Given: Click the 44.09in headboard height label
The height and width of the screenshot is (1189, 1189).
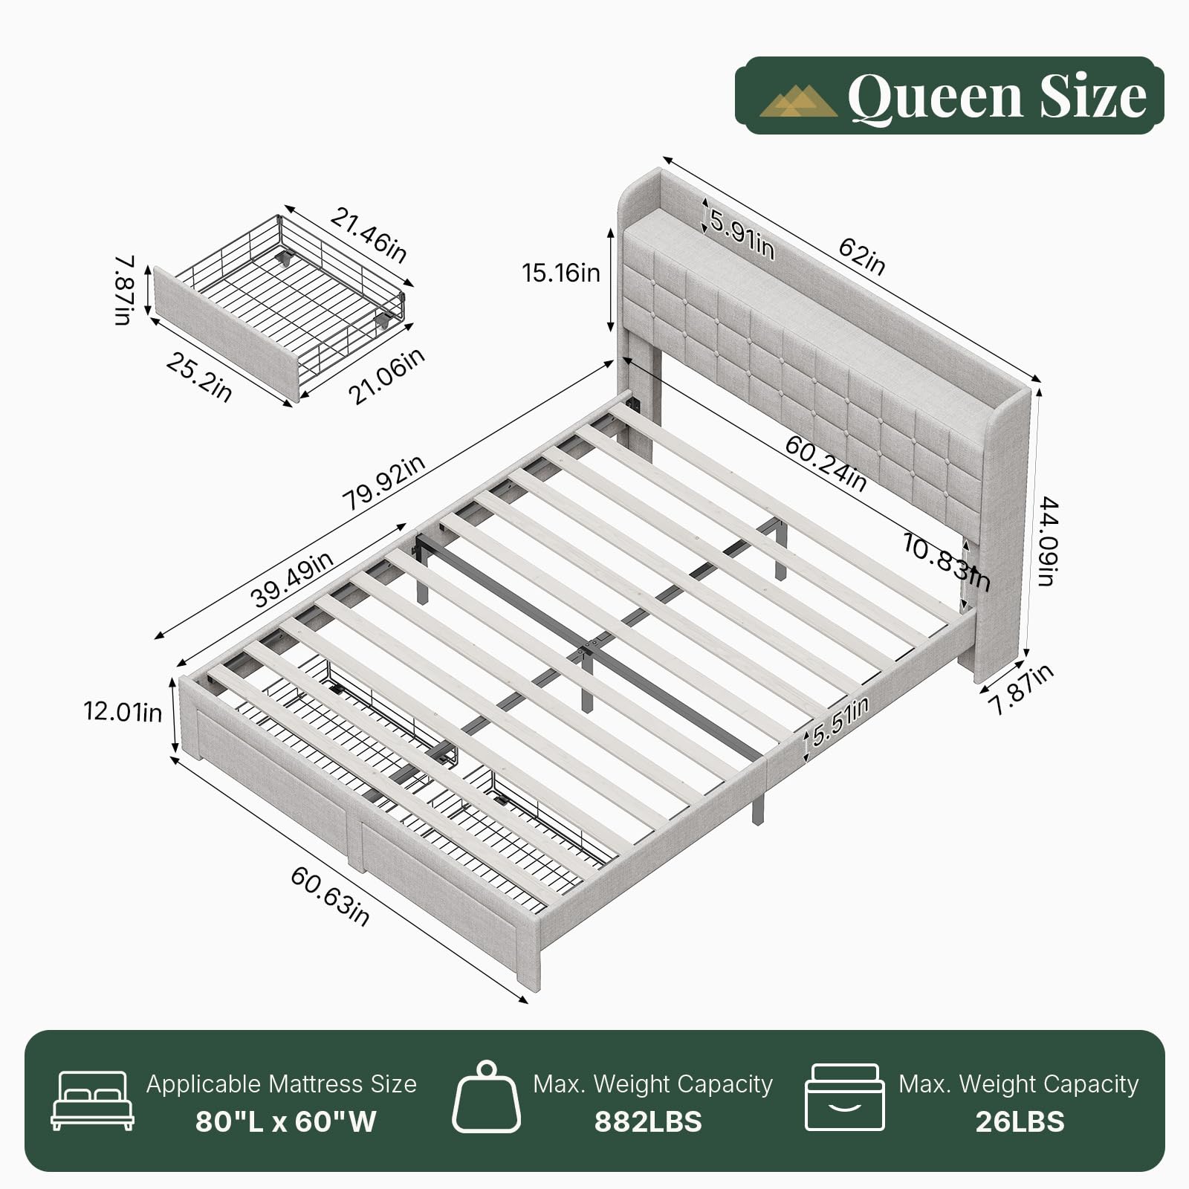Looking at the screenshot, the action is click(1048, 541).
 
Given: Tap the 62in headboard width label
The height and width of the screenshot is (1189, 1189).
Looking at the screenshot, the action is click(862, 256).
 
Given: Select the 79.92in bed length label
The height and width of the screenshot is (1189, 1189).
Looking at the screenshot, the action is click(383, 482).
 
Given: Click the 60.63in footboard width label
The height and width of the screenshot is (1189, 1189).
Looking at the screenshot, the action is click(329, 896).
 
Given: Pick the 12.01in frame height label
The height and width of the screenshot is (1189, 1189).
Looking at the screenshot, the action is click(123, 711).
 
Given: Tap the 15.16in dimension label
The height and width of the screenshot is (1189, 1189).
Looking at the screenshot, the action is click(561, 273).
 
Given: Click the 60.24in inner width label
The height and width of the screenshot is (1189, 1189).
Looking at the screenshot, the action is click(826, 464).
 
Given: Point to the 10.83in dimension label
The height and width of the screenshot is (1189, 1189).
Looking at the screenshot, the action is click(946, 562).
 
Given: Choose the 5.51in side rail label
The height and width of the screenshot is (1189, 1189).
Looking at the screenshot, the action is click(840, 722).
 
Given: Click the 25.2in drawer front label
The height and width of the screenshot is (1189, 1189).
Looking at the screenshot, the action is click(198, 377).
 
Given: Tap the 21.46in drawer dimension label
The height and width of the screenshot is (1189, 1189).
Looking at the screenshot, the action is click(369, 235).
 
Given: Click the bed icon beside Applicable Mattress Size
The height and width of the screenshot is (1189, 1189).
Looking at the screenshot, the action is click(93, 1101).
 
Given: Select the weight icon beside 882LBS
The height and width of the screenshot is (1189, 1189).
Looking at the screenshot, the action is click(487, 1097).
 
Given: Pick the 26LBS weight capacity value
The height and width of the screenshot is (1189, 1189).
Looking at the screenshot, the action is click(1020, 1121).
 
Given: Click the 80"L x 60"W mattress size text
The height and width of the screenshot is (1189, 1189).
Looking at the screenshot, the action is click(286, 1121).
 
